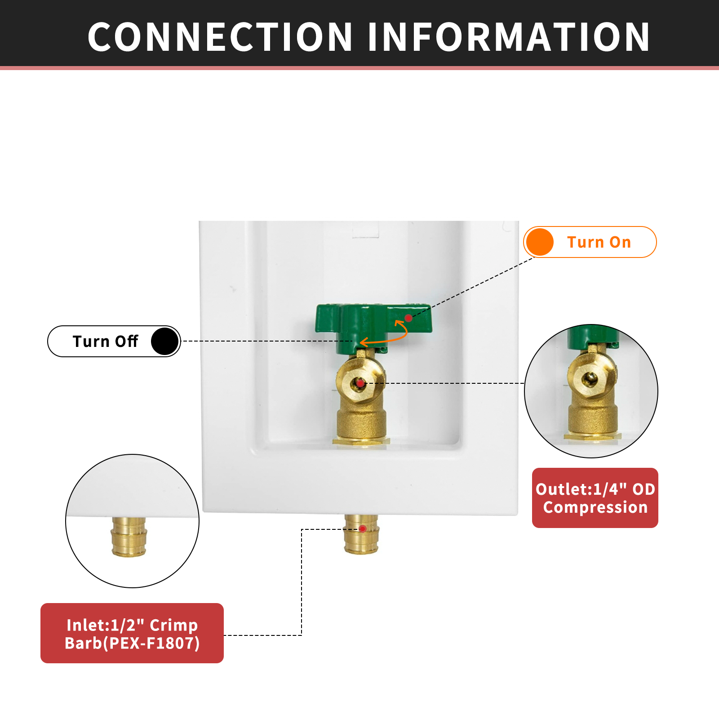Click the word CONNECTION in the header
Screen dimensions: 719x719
tap(220, 37)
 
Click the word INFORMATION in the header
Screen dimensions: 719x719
tap(509, 37)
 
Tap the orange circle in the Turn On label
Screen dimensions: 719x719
tap(539, 242)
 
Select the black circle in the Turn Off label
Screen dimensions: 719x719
tap(165, 342)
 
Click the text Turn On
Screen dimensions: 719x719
tap(599, 242)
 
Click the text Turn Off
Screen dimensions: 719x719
tap(105, 342)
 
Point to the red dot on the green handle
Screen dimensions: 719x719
tap(408, 318)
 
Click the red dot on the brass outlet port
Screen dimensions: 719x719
tap(360, 383)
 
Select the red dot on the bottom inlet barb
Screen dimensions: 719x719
tap(363, 529)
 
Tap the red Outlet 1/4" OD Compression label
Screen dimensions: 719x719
tap(595, 498)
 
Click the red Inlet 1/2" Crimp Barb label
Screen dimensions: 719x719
tap(132, 633)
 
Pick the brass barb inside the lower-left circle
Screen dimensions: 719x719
tap(129, 537)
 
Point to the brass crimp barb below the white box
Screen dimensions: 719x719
tap(361, 537)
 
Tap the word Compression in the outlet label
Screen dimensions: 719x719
tap(595, 507)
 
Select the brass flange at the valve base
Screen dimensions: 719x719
tap(361, 441)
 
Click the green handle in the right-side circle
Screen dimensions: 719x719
tap(591, 337)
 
